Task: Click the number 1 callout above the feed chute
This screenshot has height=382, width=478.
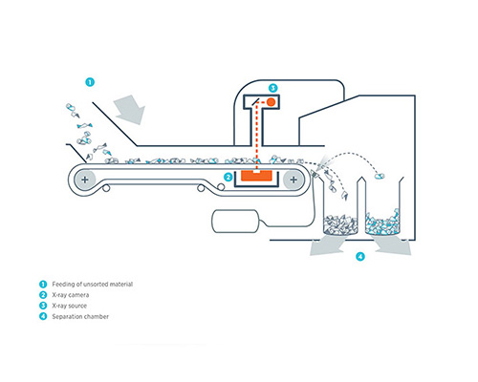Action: point(90,82)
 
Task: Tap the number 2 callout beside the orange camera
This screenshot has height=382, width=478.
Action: point(228,177)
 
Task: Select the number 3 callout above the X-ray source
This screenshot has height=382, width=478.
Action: point(272,88)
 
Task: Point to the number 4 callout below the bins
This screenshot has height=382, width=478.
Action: point(360,256)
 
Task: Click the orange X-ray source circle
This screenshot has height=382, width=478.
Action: point(271,102)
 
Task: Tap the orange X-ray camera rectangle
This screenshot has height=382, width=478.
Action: point(256,176)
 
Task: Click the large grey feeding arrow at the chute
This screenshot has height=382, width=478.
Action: point(130,110)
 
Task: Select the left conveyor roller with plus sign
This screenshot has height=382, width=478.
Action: point(85,180)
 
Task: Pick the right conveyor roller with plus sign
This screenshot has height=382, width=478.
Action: point(293,180)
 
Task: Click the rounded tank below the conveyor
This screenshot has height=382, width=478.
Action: point(235,222)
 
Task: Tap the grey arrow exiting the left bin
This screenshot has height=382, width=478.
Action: point(327,245)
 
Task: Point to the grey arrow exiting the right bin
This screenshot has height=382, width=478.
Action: point(393,245)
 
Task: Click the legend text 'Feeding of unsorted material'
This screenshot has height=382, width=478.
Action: point(93,284)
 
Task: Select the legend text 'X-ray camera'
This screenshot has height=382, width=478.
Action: point(71,295)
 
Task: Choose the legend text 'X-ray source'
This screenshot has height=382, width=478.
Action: point(70,306)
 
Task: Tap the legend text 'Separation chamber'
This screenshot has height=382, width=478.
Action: point(80,317)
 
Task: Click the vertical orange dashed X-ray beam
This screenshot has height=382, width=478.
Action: point(256,136)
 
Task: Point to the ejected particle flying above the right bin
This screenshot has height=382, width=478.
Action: point(380,176)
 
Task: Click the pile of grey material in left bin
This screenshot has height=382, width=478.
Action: point(340,224)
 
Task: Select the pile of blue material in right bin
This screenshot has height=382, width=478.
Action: point(382,223)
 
